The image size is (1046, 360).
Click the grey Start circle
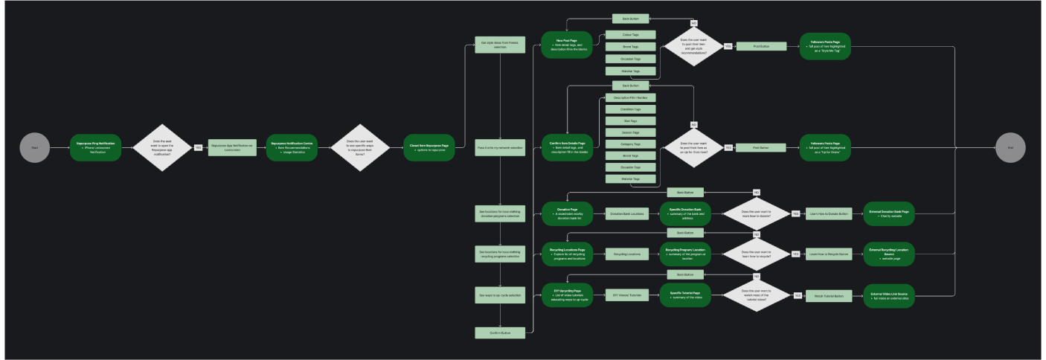tap(34, 147)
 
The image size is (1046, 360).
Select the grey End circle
tap(1010, 147)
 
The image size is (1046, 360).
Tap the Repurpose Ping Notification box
tap(95, 147)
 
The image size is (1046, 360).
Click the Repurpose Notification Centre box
tap(292, 147)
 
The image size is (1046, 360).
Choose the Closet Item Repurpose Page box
tap(429, 147)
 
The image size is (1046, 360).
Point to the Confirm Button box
tap(500, 332)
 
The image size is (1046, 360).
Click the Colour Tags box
tap(630, 34)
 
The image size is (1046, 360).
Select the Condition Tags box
tap(630, 109)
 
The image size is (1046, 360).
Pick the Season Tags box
tap(630, 132)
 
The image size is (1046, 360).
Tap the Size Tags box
tap(630, 120)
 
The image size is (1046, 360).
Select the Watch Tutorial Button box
tap(829, 295)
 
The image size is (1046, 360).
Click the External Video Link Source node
tap(888, 295)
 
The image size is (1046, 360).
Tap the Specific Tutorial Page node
tap(685, 295)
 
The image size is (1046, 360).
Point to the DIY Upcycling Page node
tap(567, 295)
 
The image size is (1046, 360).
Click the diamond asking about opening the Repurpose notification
tap(161, 147)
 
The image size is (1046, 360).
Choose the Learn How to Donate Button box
tap(828, 213)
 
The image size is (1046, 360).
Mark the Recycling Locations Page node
tap(567, 254)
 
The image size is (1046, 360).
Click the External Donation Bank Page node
tap(888, 213)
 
